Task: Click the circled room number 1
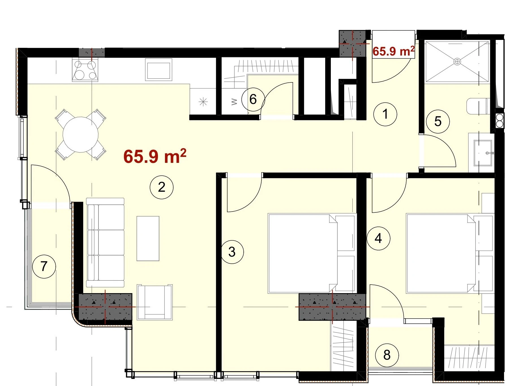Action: pyautogui.click(x=385, y=114)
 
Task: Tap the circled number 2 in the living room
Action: pyautogui.click(x=161, y=187)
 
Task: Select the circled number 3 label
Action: pyautogui.click(x=232, y=252)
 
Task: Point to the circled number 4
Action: pyautogui.click(x=378, y=238)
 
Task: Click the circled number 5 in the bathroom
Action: pyautogui.click(x=438, y=121)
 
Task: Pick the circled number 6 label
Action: pyautogui.click(x=253, y=99)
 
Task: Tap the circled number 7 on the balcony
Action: pyautogui.click(x=44, y=266)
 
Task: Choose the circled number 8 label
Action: pyautogui.click(x=387, y=355)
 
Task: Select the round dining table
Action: pyautogui.click(x=81, y=135)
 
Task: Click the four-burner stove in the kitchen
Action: pyautogui.click(x=85, y=70)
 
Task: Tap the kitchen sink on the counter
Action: pyautogui.click(x=158, y=70)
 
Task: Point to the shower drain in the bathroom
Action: pyautogui.click(x=457, y=61)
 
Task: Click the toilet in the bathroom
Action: pyautogui.click(x=478, y=106)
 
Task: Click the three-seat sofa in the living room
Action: pyautogui.click(x=105, y=243)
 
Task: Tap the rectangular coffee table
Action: pyautogui.click(x=148, y=238)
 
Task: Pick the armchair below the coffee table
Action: pyautogui.click(x=155, y=302)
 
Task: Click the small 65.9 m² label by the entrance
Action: pyautogui.click(x=393, y=51)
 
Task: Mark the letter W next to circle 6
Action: pyautogui.click(x=234, y=102)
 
